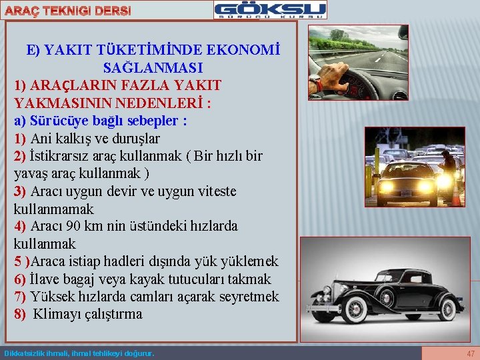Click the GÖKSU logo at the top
coord(270,10)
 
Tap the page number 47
coord(471,353)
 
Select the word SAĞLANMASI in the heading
coord(153,68)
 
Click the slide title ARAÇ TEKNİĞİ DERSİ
coord(66,11)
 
